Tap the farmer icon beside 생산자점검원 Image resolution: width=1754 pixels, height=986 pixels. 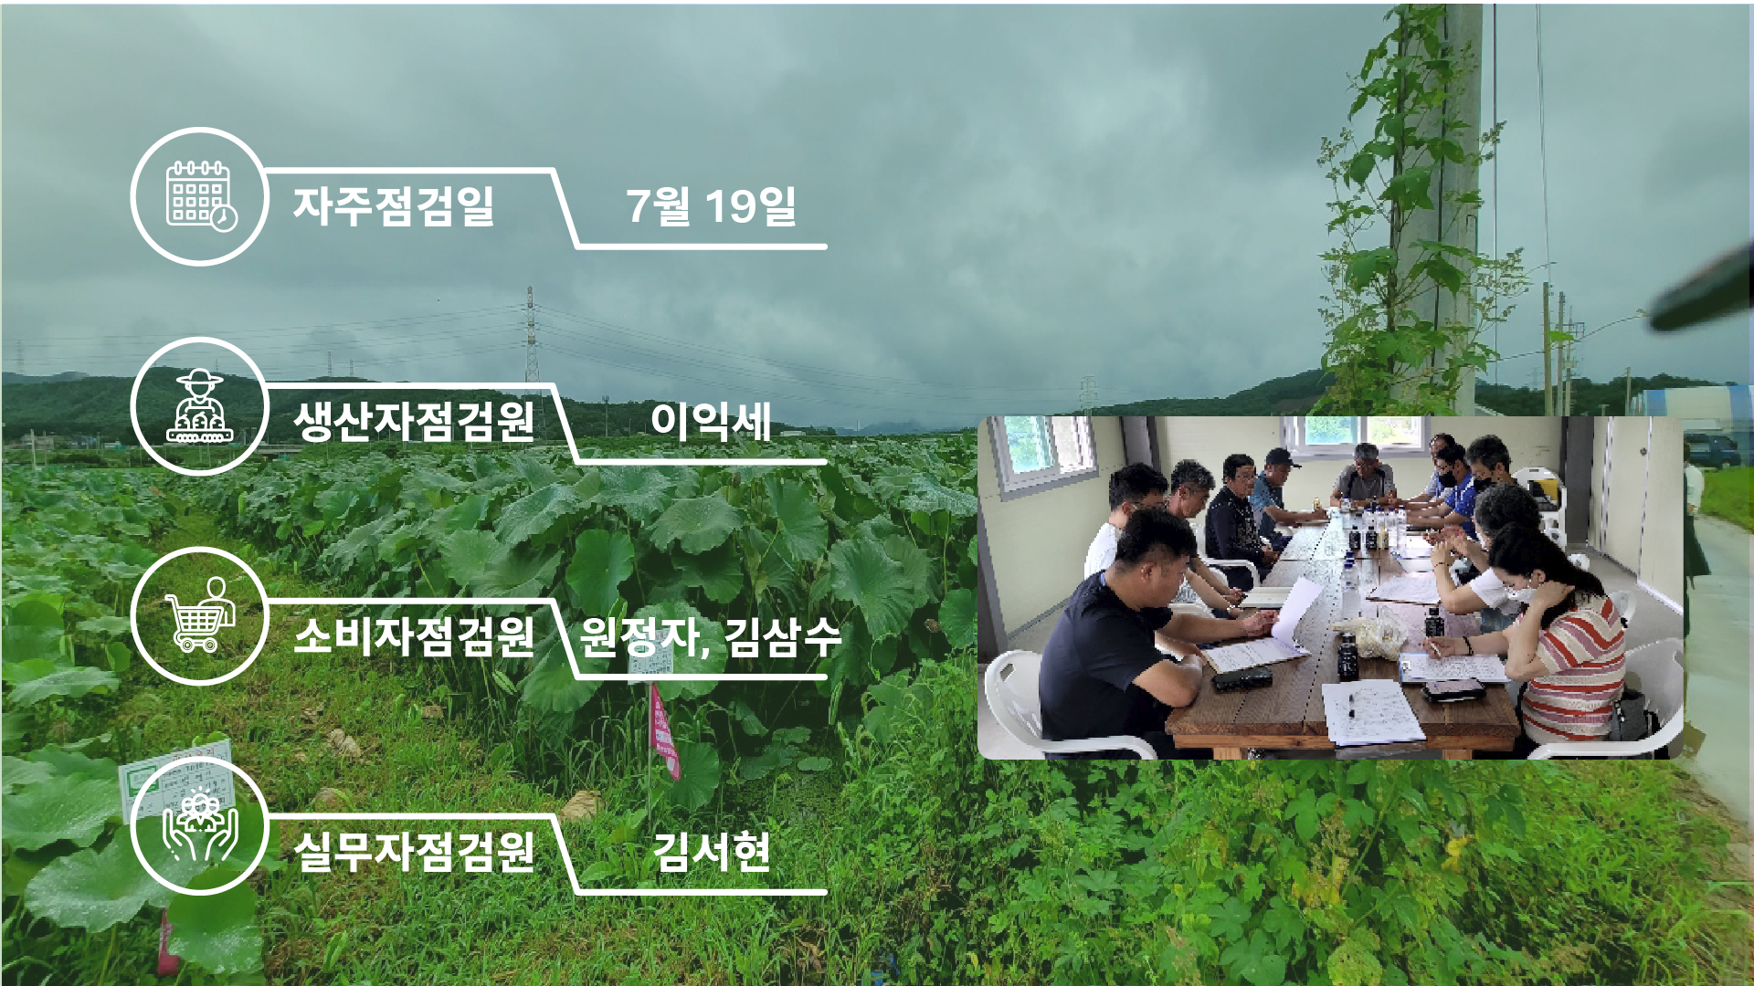(x=200, y=406)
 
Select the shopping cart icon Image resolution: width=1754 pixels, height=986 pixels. (x=200, y=614)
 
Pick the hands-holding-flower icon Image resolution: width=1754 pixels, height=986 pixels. (x=200, y=827)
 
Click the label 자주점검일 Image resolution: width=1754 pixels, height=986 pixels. (x=394, y=205)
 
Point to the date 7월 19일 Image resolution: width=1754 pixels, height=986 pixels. (x=711, y=205)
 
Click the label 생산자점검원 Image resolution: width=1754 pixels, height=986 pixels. (x=414, y=421)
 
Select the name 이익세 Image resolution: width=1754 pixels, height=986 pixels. (x=711, y=421)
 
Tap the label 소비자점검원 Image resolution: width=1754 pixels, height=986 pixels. (x=414, y=635)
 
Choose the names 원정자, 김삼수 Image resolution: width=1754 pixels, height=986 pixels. (x=711, y=636)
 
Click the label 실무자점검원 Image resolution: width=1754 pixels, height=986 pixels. (x=414, y=851)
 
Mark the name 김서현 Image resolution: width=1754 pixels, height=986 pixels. (x=711, y=851)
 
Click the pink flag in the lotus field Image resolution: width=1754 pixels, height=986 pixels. (x=664, y=731)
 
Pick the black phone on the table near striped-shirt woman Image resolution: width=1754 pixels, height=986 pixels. (x=1453, y=690)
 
